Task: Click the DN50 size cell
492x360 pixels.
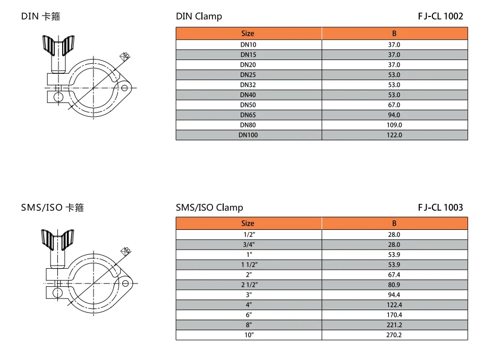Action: point(248,105)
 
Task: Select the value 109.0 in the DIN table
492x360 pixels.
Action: point(394,125)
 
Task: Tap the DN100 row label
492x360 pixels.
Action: point(248,135)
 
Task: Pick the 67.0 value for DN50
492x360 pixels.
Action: point(394,105)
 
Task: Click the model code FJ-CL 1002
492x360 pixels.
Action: point(440,16)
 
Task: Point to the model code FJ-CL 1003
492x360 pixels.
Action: point(440,207)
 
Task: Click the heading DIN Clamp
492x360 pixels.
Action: point(199,16)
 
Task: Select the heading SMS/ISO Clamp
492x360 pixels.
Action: point(209,208)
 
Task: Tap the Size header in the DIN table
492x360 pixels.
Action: point(248,33)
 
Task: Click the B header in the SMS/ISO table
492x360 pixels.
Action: point(394,224)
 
